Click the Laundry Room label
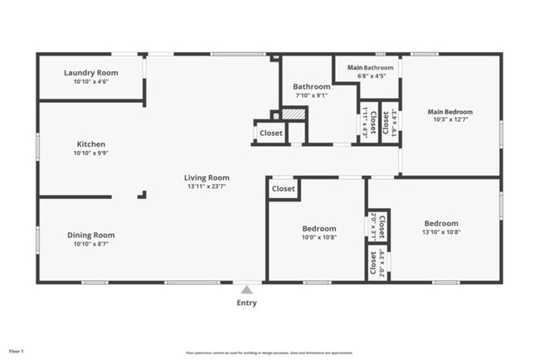pos(91,73)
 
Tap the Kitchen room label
pos(91,144)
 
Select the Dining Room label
pos(91,235)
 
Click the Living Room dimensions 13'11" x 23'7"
pos(206,187)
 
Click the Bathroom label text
pos(312,86)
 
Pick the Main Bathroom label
pos(370,67)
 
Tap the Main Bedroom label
pos(450,112)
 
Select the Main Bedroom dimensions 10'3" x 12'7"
pos(450,121)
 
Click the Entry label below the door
pos(246,303)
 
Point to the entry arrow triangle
pos(246,289)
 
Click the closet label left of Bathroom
pos(271,133)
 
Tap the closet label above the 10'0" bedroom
pos(284,188)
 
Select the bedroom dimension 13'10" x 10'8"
pos(441,232)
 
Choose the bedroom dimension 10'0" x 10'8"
pos(319,237)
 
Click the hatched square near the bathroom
pos(294,114)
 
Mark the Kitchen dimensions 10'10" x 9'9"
pos(91,153)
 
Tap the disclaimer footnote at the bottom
pos(270,352)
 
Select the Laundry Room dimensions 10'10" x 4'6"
pos(91,82)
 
